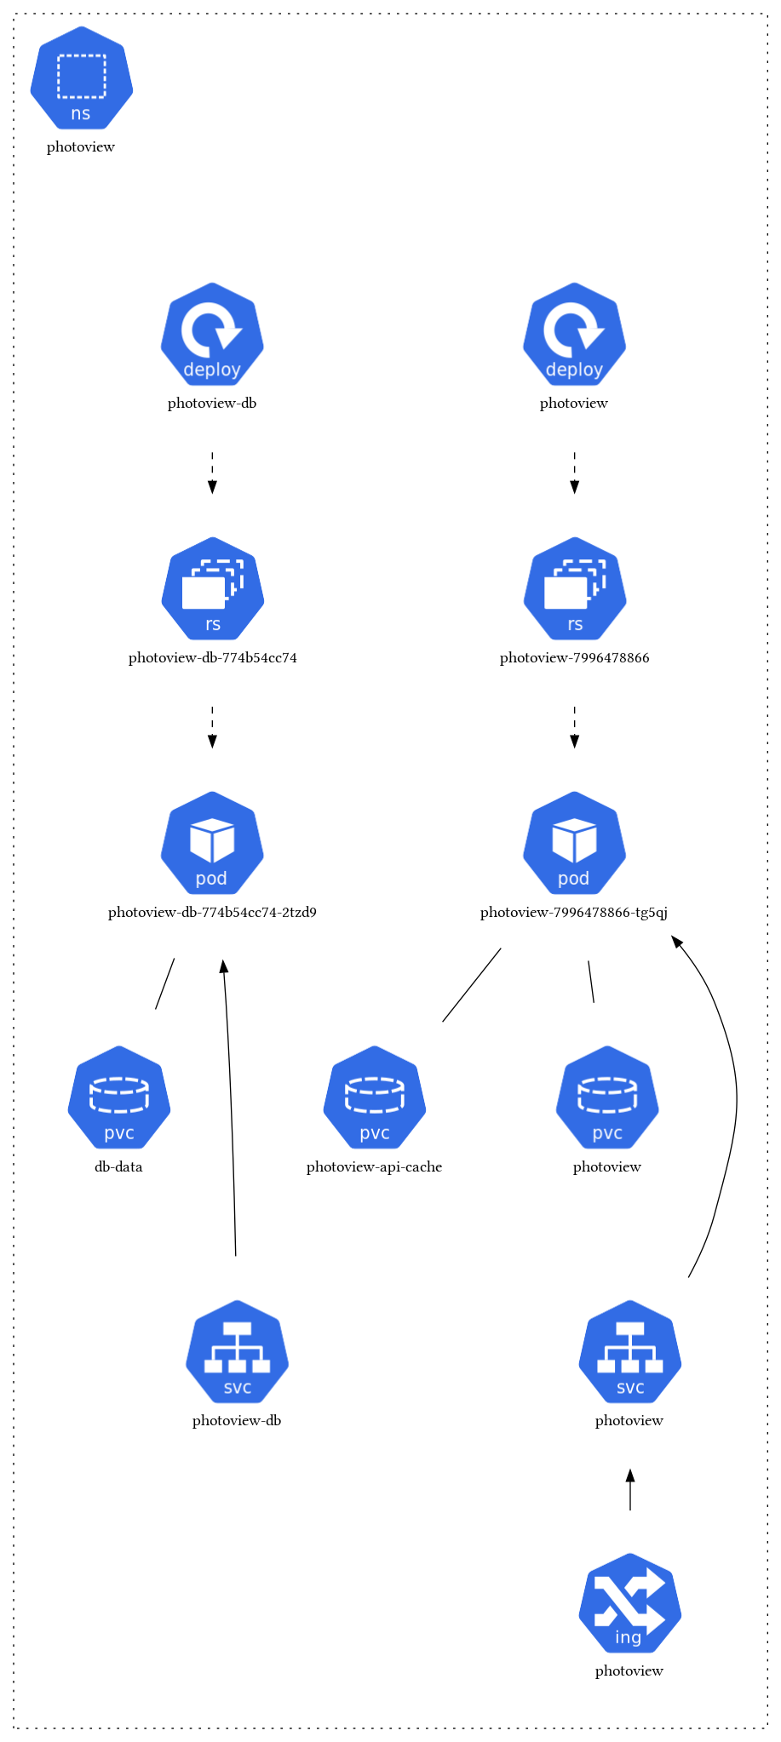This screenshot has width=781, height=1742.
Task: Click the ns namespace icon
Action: (81, 78)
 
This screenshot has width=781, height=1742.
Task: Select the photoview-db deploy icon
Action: (212, 334)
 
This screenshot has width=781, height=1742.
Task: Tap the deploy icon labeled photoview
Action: (574, 334)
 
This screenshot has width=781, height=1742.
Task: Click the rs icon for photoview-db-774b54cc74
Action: (212, 588)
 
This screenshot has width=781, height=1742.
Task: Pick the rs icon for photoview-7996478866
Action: (574, 588)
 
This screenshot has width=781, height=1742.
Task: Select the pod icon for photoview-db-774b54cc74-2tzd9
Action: (212, 843)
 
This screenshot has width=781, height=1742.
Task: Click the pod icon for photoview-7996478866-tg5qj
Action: (574, 843)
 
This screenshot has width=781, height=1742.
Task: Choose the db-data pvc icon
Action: (119, 1097)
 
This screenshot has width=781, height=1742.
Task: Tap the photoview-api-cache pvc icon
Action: (375, 1097)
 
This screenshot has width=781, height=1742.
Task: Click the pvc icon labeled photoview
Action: (607, 1097)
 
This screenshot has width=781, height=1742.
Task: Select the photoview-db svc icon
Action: (237, 1352)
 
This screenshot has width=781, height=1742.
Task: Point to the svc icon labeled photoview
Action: (629, 1352)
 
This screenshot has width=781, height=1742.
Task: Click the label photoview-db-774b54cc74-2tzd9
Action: (212, 913)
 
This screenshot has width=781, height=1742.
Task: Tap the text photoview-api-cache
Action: (375, 1167)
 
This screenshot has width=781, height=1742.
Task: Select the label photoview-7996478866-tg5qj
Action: (574, 913)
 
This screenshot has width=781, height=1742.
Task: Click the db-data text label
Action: (119, 1167)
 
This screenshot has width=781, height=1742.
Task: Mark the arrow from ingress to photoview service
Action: (630, 1490)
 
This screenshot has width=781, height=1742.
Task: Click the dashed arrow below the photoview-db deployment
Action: (212, 473)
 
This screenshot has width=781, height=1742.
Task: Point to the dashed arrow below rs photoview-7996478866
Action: (574, 727)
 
